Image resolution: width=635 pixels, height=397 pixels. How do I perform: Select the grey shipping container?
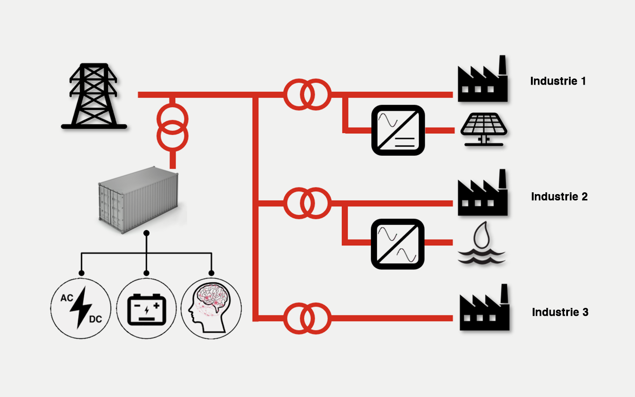pyautogui.click(x=138, y=200)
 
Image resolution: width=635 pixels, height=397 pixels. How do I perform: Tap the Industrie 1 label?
pyautogui.click(x=558, y=81)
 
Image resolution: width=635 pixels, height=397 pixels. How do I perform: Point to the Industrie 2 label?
pyautogui.click(x=559, y=197)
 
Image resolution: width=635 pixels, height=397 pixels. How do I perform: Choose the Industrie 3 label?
pyautogui.click(x=560, y=312)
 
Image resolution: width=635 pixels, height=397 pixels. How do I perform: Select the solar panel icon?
pyautogui.click(x=484, y=129)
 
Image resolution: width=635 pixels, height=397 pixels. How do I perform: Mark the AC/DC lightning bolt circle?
pyautogui.click(x=81, y=308)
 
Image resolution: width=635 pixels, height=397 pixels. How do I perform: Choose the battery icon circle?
pyautogui.click(x=146, y=308)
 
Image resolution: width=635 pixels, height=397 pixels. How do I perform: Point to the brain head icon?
pyautogui.click(x=211, y=308)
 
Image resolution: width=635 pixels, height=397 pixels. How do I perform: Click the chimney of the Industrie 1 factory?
pyautogui.click(x=502, y=65)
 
